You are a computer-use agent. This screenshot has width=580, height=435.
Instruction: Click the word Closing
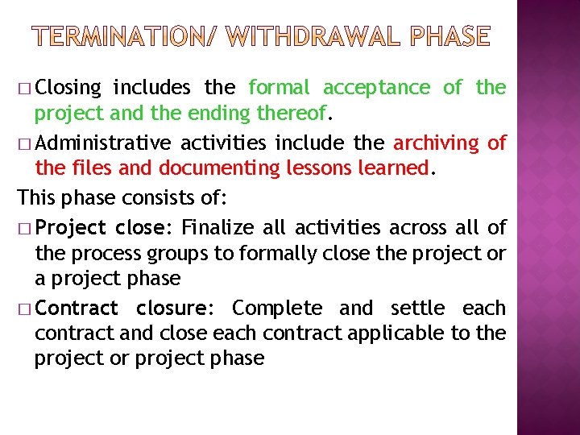68,87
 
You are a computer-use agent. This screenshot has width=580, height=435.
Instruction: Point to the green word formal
279,87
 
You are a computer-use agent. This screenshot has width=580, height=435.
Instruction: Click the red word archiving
437,143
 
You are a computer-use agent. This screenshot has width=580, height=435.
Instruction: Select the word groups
177,253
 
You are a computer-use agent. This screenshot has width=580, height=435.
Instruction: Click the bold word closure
172,308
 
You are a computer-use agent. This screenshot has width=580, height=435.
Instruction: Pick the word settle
417,308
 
